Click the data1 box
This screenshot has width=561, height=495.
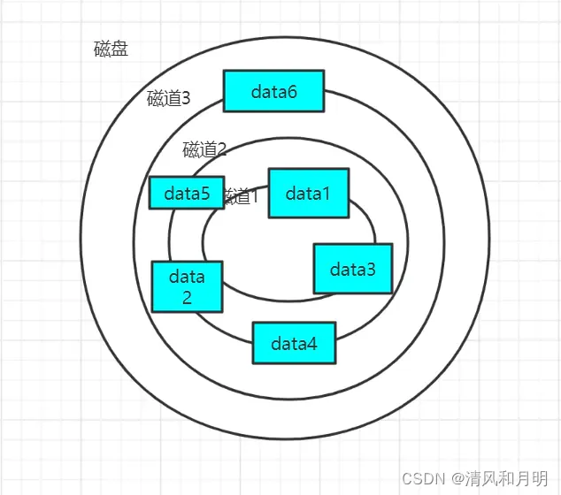[x=308, y=193]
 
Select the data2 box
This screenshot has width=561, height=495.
[x=187, y=286]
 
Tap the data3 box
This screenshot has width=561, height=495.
[x=352, y=269]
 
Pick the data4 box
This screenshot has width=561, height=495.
[x=294, y=343]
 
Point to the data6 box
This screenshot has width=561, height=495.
[x=273, y=91]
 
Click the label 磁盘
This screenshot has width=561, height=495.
[x=111, y=49]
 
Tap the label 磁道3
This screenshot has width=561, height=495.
[x=168, y=98]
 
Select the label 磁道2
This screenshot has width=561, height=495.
[x=204, y=148]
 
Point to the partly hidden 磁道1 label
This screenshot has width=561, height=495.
[x=242, y=196]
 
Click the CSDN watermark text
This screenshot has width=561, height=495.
[x=421, y=478]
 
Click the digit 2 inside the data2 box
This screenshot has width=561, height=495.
[x=187, y=297]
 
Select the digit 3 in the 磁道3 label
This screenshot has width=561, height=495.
[x=185, y=98]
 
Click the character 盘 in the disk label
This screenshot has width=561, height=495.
[x=119, y=49]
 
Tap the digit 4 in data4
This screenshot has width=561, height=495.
[x=312, y=343]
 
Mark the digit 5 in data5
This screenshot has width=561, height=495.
[x=205, y=193]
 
